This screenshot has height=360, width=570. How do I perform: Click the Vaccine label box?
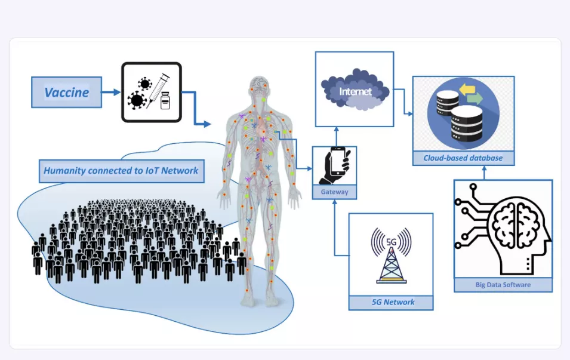point(66,93)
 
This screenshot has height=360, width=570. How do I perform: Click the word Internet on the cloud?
point(355,92)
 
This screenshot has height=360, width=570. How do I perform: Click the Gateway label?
point(334,192)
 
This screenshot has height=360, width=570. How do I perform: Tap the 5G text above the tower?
point(392,242)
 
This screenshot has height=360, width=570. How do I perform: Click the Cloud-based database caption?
point(463,158)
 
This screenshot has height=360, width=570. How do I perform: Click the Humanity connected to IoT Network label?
point(121,171)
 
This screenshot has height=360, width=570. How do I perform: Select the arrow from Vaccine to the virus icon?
point(110,93)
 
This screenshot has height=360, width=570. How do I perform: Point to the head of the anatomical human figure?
point(258,86)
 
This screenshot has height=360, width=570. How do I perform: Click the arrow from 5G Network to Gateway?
point(334,227)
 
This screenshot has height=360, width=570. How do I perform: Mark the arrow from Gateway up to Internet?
point(335,136)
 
